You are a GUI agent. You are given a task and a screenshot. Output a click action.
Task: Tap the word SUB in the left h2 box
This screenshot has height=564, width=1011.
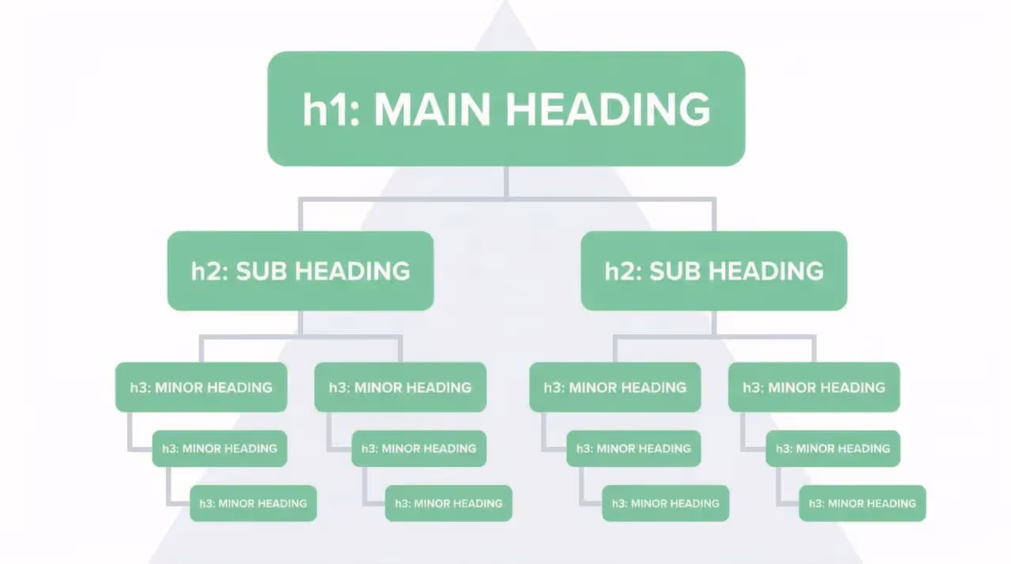[x=265, y=271]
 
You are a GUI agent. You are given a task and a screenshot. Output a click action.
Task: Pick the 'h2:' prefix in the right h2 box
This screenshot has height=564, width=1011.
[x=623, y=271]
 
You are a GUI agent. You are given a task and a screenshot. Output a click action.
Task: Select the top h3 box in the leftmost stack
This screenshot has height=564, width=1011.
[x=201, y=387]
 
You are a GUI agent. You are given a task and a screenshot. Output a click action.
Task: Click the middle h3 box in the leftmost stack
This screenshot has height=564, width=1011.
[x=220, y=448]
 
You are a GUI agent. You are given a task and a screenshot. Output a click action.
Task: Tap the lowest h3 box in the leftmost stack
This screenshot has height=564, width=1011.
[x=253, y=503]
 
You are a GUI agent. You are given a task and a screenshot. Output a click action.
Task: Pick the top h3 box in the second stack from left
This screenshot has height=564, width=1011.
[x=400, y=387]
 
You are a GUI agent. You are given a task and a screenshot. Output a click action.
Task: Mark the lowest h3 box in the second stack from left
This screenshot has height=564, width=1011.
[x=449, y=503]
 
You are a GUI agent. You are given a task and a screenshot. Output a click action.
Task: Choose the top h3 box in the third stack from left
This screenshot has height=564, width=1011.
[x=614, y=387]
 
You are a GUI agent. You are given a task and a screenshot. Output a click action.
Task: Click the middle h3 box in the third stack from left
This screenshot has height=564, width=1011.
[x=634, y=448]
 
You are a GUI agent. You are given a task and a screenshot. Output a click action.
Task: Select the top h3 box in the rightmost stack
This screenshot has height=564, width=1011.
[x=814, y=387]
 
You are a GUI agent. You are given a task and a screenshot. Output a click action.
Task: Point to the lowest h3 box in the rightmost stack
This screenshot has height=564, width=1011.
[x=862, y=503]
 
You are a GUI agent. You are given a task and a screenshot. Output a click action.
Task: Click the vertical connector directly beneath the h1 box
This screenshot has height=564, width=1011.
[x=505, y=182]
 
